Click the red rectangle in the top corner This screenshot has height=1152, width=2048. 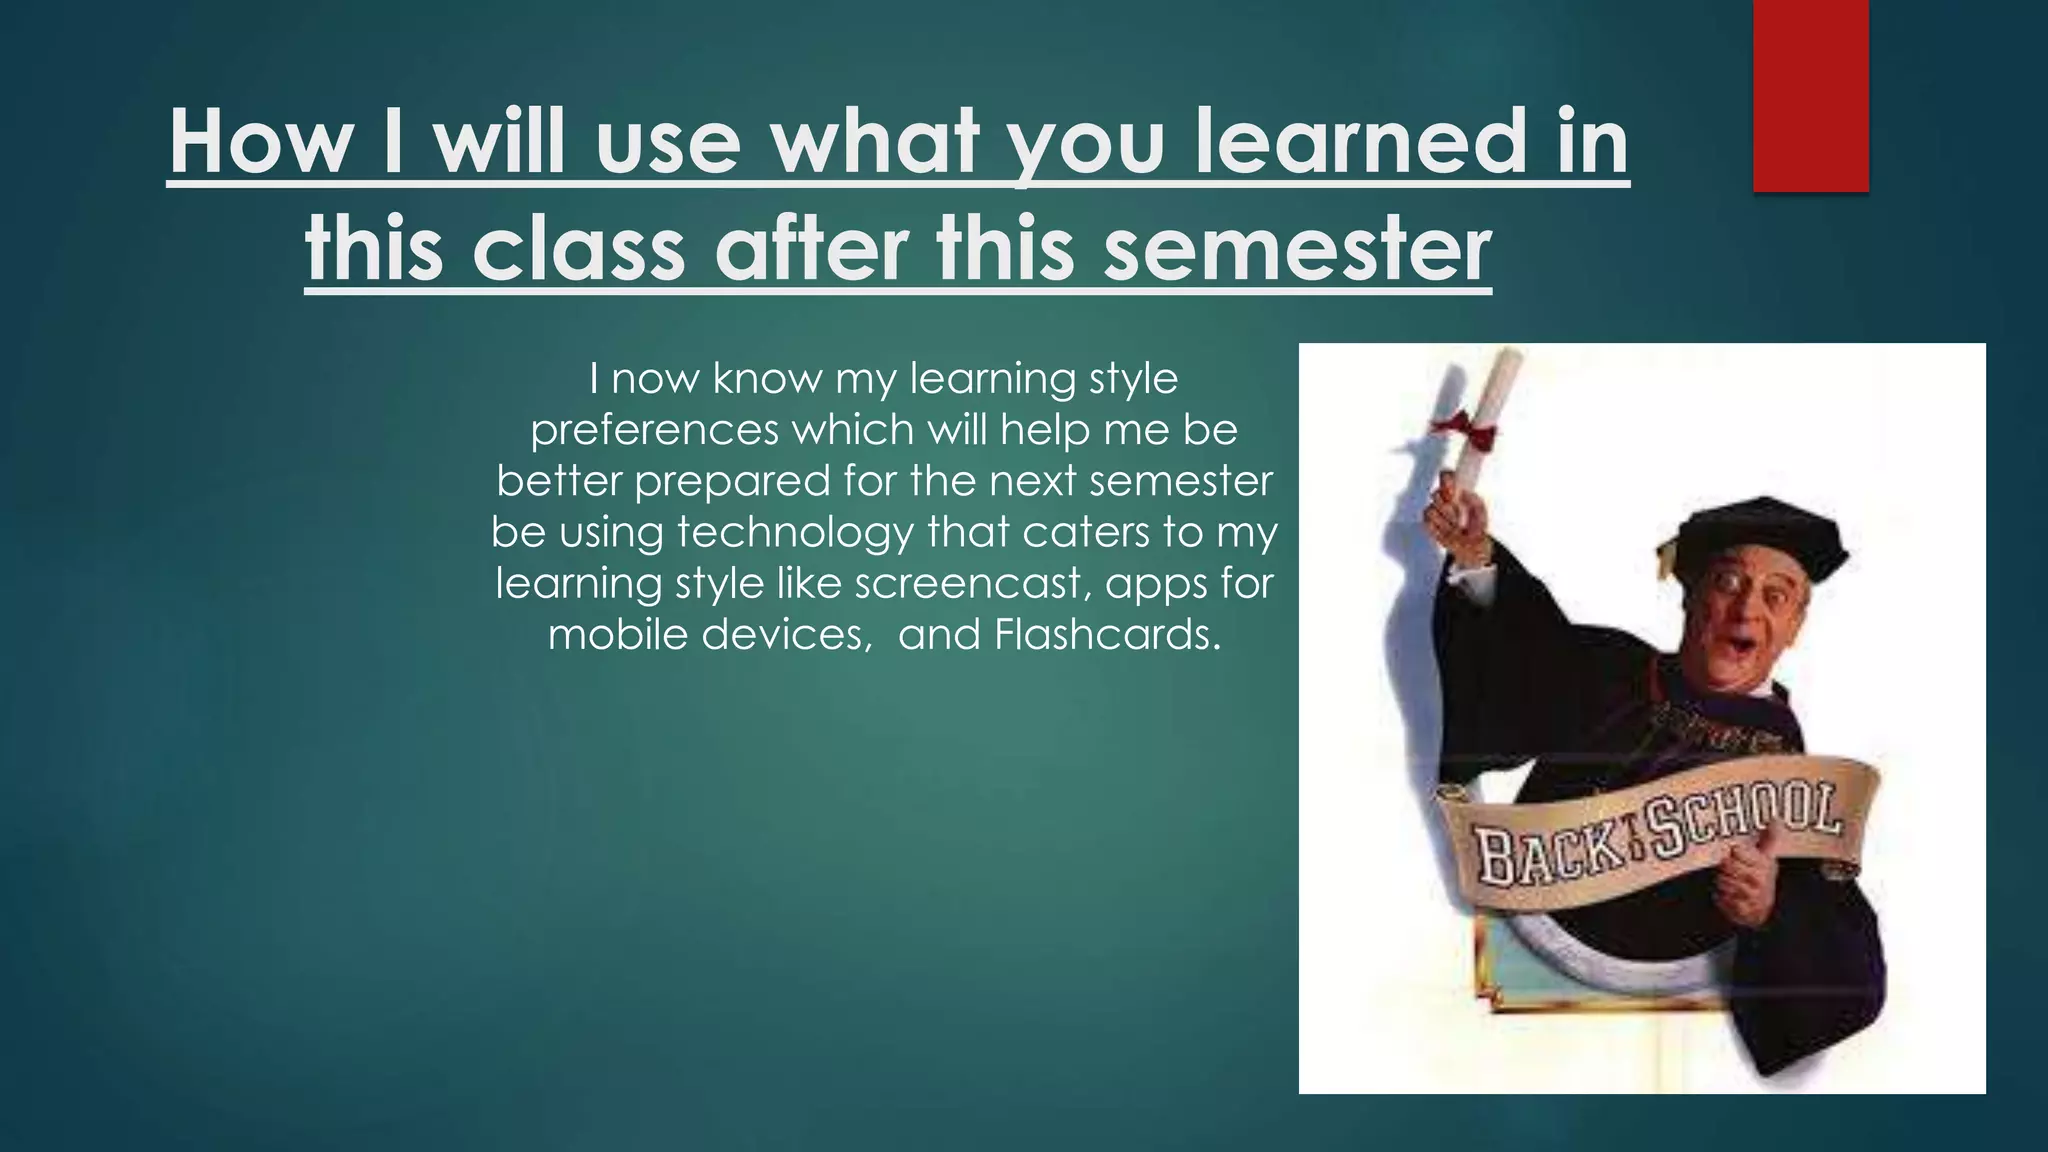pyautogui.click(x=1810, y=95)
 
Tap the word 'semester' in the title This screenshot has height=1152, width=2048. pyautogui.click(x=1297, y=249)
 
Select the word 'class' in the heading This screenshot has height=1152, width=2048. pyautogui.click(x=579, y=249)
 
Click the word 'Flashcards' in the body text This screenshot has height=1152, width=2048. pyautogui.click(x=1106, y=635)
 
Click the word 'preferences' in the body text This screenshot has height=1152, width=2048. pyautogui.click(x=654, y=430)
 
